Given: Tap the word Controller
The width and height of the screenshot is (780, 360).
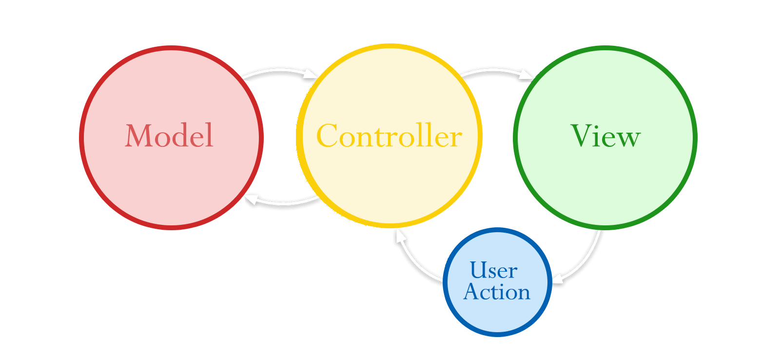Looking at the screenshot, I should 389,136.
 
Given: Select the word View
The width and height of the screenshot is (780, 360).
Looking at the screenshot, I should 605,136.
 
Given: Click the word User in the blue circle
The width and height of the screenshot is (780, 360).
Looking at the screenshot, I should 493,270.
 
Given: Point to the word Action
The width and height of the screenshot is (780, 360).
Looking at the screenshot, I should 497,292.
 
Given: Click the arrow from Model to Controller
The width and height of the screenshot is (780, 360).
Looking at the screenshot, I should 278,71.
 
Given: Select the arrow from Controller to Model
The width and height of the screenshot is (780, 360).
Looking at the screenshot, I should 285,202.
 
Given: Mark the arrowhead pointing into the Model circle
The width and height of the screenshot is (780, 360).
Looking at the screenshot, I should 250,199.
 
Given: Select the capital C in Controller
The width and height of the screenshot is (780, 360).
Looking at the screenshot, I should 329,136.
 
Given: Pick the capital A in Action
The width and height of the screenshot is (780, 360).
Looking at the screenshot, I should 472,292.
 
